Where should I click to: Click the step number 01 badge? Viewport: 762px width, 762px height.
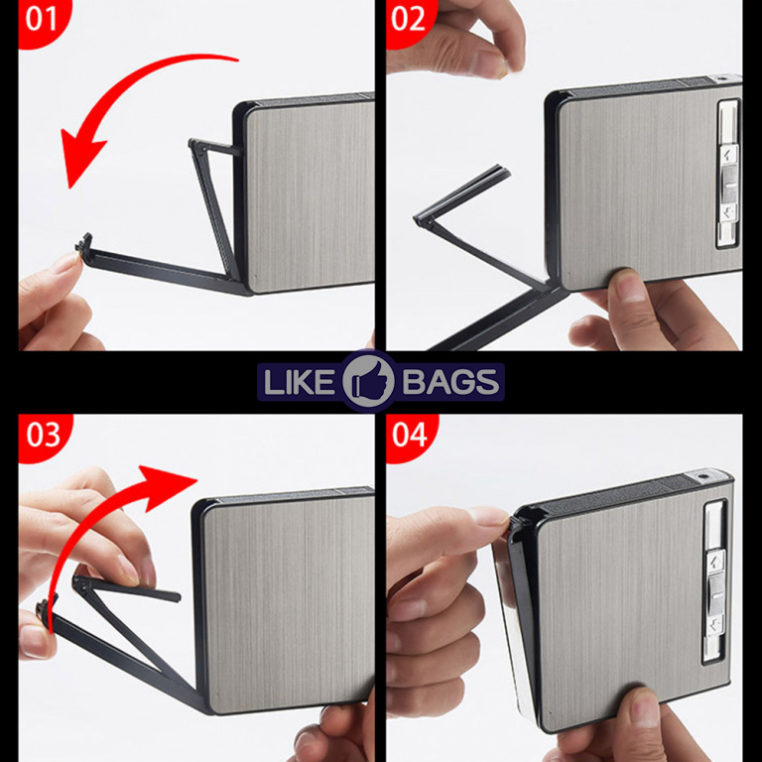pyautogui.click(x=43, y=21)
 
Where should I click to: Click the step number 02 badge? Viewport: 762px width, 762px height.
pyautogui.click(x=409, y=21)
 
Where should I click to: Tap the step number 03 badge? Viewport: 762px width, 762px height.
pyautogui.click(x=44, y=436)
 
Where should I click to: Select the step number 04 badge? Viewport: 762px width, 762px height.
pyautogui.click(x=410, y=436)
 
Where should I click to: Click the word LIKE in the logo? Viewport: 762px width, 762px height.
pyautogui.click(x=298, y=381)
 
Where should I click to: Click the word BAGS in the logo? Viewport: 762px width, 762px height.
pyautogui.click(x=450, y=381)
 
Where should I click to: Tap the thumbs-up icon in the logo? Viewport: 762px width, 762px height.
pyautogui.click(x=368, y=381)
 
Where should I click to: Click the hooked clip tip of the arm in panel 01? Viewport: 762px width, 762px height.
pyautogui.click(x=84, y=244)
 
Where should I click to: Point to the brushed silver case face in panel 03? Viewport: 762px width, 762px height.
pyautogui.click(x=287, y=602)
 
